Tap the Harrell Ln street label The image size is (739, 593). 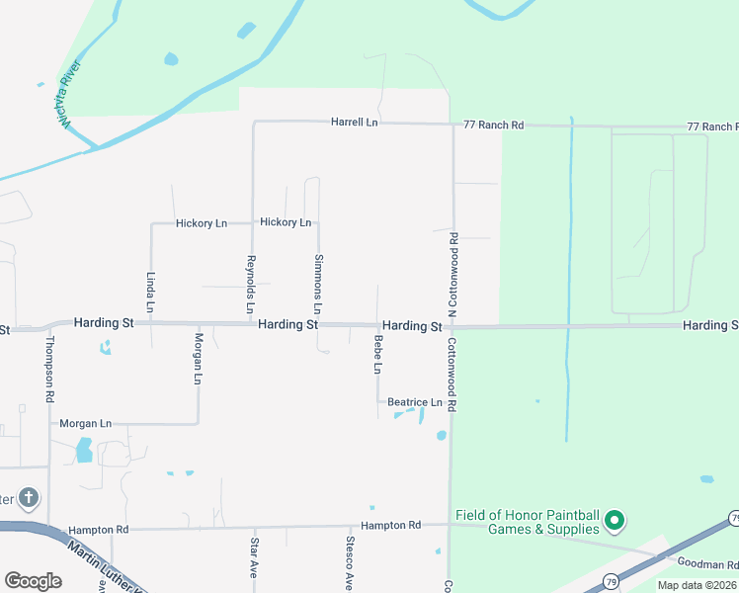coord(355,123)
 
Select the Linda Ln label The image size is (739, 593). coord(150,292)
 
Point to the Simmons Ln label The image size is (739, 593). coord(318,279)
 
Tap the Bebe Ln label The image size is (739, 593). coord(377,354)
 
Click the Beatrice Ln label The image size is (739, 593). coord(414,402)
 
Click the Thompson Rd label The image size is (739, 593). coord(49,369)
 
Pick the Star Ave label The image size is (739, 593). coord(254,558)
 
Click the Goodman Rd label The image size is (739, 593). coord(708,564)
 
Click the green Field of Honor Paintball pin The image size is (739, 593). coord(614,519)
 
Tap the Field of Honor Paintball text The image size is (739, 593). coord(528,522)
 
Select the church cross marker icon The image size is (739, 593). coord(29,497)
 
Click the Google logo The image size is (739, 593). coord(33,581)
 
